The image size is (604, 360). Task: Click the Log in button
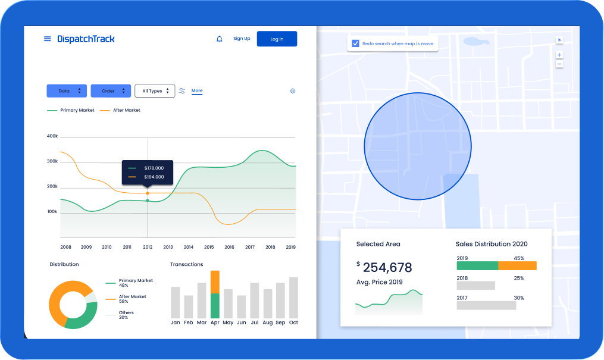click(x=277, y=39)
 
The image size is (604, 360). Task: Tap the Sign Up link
click(x=242, y=39)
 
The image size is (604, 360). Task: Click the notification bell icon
click(x=219, y=39)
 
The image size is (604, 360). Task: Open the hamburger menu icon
click(x=48, y=39)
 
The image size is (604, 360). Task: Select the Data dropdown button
click(x=67, y=91)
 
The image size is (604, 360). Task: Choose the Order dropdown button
click(x=111, y=91)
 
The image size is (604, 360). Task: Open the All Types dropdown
click(x=155, y=91)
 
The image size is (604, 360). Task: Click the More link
click(x=197, y=91)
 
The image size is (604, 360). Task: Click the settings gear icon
click(x=293, y=91)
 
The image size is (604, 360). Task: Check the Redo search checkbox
click(x=355, y=43)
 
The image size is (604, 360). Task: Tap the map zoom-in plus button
click(x=559, y=55)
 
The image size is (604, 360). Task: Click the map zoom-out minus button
click(x=559, y=64)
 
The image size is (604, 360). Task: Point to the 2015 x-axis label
click(x=209, y=247)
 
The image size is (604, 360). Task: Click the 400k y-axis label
click(x=52, y=136)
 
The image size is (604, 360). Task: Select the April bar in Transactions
click(x=215, y=295)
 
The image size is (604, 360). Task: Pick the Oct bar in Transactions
click(x=293, y=298)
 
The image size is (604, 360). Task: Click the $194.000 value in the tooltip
click(x=154, y=177)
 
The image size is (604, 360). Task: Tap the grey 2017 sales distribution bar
click(x=486, y=305)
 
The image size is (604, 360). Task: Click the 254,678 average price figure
click(x=387, y=267)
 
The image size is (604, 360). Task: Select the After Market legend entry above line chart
click(x=120, y=110)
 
